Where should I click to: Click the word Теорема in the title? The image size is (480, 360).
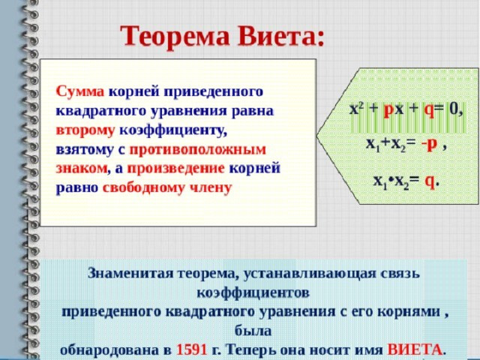point(175,36)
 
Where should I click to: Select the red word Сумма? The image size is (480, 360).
point(80,91)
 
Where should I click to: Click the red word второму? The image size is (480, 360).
point(85,130)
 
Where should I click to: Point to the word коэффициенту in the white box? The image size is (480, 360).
point(173,130)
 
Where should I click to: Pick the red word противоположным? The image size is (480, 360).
point(198,150)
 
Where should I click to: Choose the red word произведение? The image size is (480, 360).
point(176,169)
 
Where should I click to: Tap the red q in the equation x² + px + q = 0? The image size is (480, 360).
point(429,110)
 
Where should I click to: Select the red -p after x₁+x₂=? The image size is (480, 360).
point(429,145)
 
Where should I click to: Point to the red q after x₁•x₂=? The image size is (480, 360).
point(430,181)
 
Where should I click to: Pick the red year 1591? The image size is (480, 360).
point(192,350)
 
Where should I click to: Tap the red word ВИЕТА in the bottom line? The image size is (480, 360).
point(415,349)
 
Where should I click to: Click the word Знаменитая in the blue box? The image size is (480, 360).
point(130,273)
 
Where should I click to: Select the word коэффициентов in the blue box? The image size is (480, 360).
point(253,293)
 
